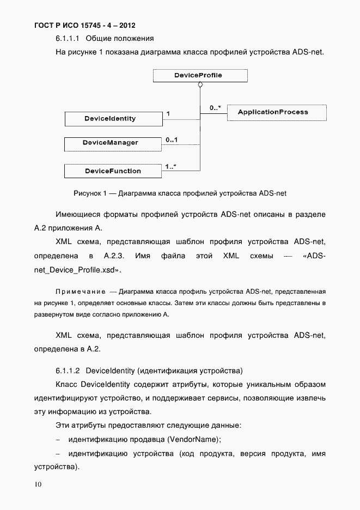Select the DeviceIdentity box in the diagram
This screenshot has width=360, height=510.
113,118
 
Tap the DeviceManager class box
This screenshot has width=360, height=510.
113,143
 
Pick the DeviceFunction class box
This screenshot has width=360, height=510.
113,171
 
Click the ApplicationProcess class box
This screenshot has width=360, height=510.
276,112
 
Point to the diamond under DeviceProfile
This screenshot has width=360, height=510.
200,85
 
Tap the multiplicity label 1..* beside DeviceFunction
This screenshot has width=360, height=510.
171,167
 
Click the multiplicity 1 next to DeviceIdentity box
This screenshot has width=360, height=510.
168,114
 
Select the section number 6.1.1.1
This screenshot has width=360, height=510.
68,39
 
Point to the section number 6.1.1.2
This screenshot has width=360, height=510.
68,371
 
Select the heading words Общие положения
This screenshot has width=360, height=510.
120,39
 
